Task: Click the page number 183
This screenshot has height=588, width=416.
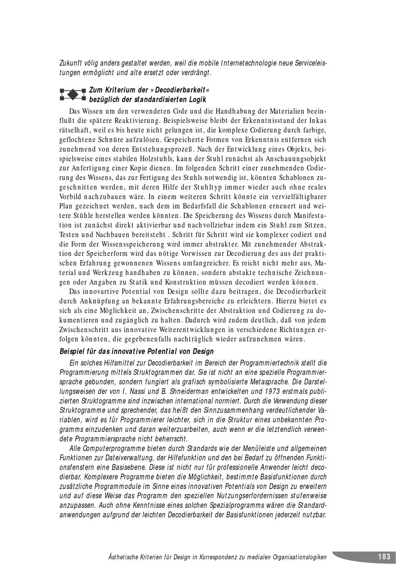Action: tap(384, 557)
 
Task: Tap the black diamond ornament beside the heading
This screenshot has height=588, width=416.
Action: tap(73, 95)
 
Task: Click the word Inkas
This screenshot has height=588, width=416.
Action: tap(317, 121)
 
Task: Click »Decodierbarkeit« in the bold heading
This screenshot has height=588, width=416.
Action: tap(175, 90)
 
